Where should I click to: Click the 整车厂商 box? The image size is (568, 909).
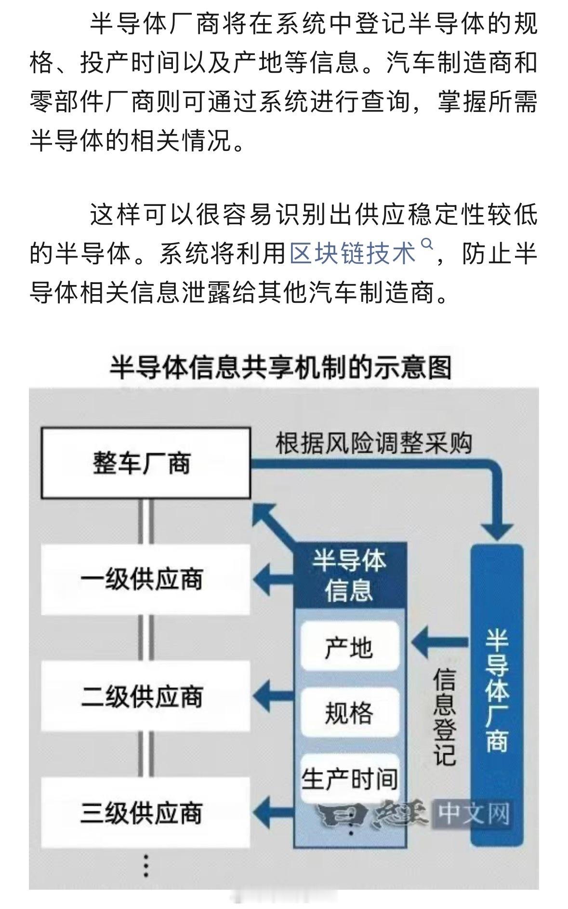tap(145, 463)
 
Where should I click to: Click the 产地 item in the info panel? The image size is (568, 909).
tap(349, 646)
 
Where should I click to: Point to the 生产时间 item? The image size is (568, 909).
tap(349, 777)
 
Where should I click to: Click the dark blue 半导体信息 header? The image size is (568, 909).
tap(349, 575)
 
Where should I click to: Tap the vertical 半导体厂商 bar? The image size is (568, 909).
tap(497, 690)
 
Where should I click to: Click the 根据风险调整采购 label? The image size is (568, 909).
tap(373, 443)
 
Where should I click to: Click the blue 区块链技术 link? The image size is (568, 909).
tap(352, 253)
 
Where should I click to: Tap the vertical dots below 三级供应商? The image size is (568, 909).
tap(145, 866)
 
